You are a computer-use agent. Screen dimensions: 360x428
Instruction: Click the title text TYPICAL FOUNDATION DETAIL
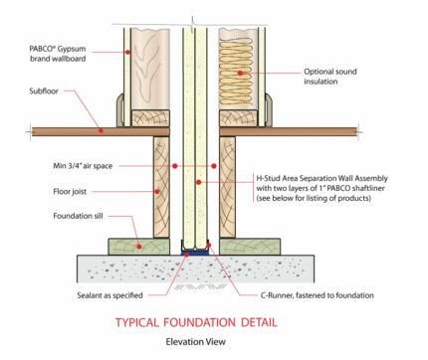pyautogui.click(x=194, y=322)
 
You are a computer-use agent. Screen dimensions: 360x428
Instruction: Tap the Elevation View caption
pyautogui.click(x=195, y=342)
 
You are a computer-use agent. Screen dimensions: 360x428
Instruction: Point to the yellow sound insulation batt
pyautogui.click(x=239, y=70)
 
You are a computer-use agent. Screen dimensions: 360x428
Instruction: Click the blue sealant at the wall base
pyautogui.click(x=194, y=252)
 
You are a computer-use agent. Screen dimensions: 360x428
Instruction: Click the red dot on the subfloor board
pyautogui.click(x=101, y=129)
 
